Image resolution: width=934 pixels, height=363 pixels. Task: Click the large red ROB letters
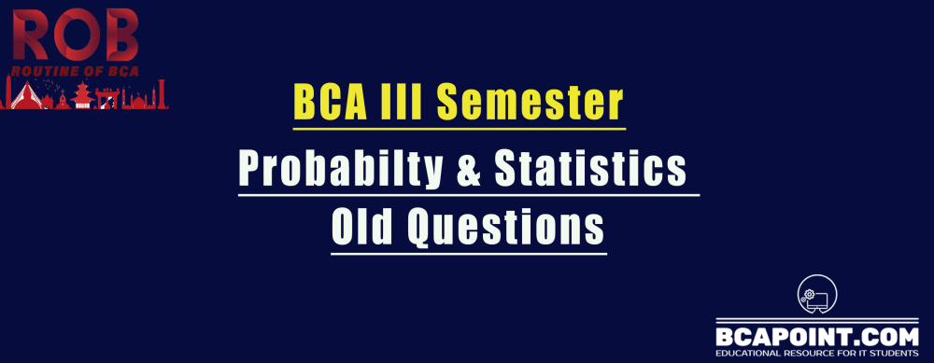pyautogui.click(x=75, y=35)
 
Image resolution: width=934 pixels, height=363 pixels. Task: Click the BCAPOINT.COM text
pyautogui.click(x=812, y=335)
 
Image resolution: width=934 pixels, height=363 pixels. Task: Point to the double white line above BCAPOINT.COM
pyautogui.click(x=812, y=318)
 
